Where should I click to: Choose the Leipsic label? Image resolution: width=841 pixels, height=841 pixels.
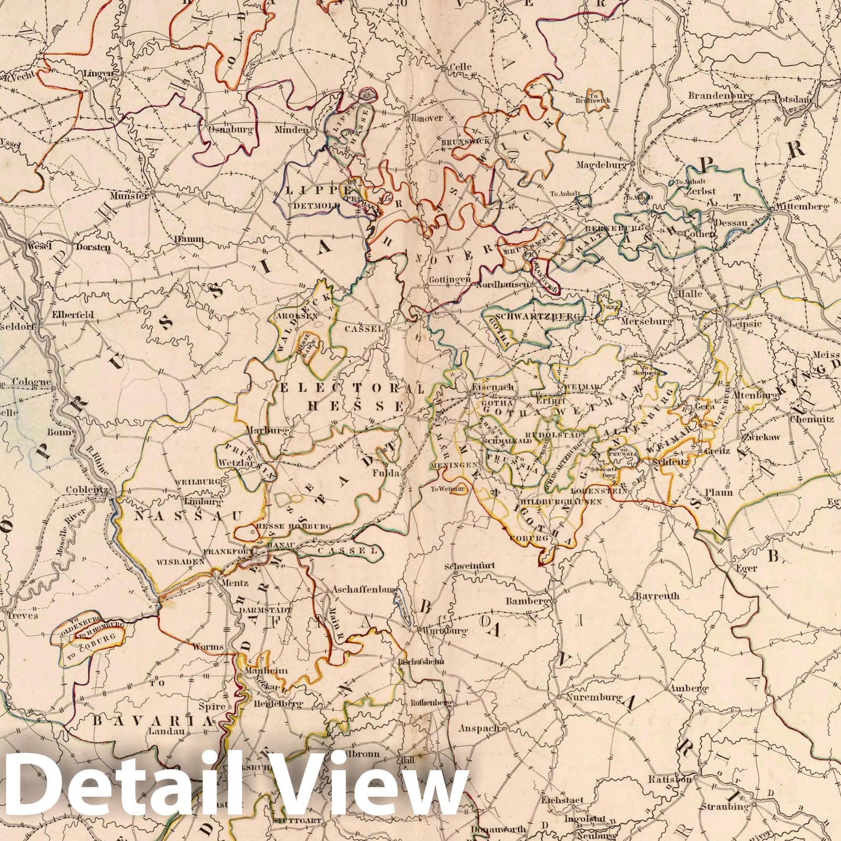pos(745,324)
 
